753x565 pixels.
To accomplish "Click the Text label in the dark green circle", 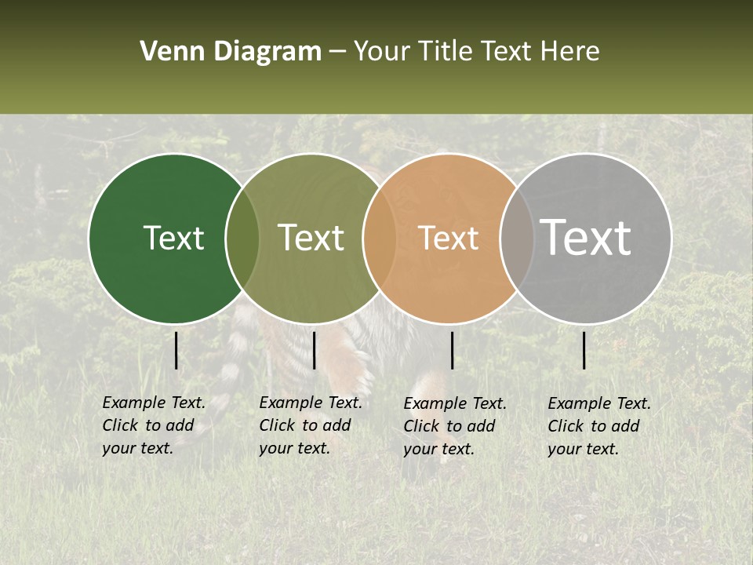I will point(173,238).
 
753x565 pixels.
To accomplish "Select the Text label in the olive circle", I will point(311,238).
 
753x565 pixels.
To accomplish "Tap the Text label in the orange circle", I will point(449,238).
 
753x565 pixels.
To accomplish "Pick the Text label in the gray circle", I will point(586,237).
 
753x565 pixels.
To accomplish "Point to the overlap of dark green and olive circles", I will point(242,238).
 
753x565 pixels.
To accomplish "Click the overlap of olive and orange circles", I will point(380,238).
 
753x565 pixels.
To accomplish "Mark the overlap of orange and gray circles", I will point(517,238).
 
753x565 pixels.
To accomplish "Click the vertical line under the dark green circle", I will point(176,350).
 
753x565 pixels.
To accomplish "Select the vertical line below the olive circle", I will point(314,350).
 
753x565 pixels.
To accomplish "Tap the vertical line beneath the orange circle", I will point(452,350).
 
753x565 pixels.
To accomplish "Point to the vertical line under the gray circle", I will point(584,350).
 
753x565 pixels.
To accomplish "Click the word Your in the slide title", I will point(382,52).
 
